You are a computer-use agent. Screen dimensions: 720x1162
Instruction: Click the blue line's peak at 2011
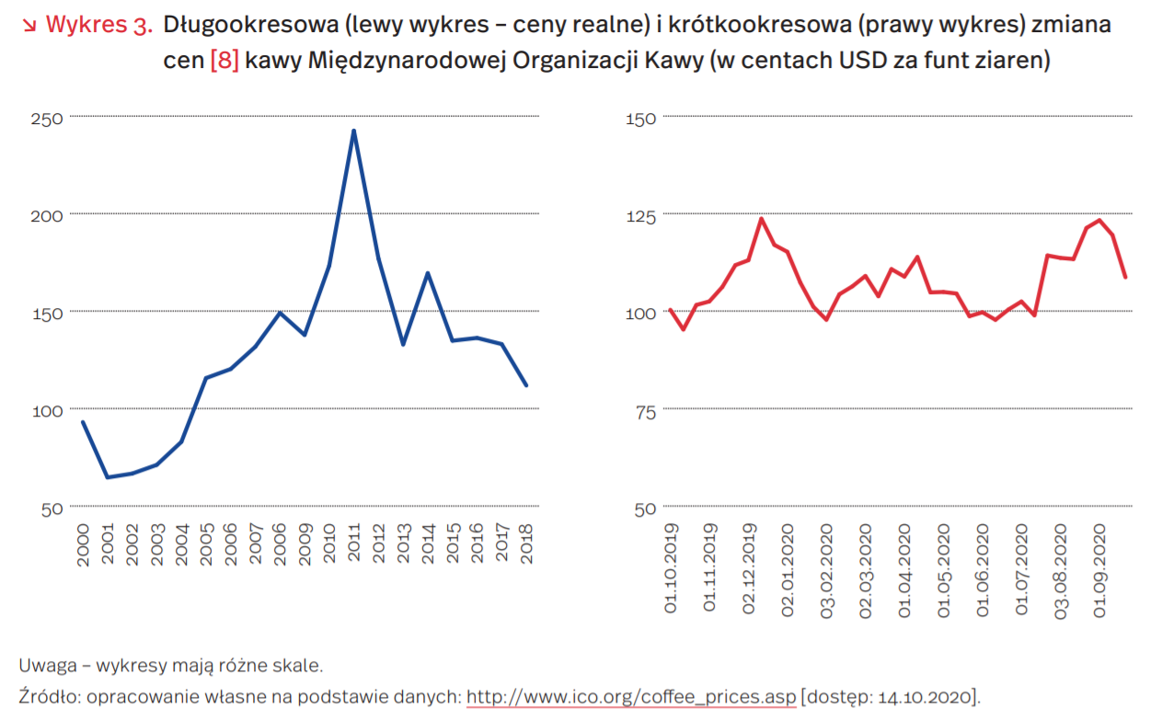(353, 131)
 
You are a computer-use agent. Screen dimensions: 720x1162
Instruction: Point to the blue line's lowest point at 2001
(107, 477)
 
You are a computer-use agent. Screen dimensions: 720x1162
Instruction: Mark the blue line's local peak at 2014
(428, 273)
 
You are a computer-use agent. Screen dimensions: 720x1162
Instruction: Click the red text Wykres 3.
(98, 25)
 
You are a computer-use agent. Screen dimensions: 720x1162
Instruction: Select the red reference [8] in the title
(224, 61)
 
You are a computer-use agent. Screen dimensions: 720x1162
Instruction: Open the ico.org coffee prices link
(631, 696)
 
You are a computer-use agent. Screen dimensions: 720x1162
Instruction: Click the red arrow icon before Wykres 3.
(28, 25)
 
